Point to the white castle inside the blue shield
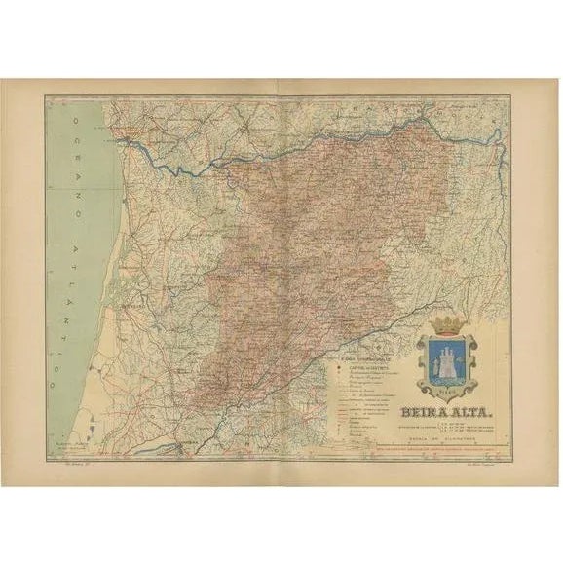448,360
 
